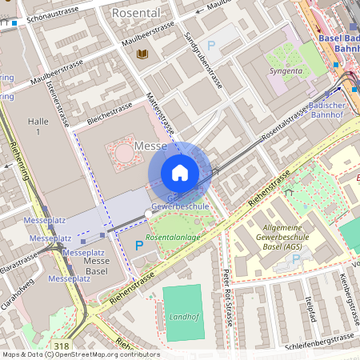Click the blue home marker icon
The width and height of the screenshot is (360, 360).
tap(180, 173)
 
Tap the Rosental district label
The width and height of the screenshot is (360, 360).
tap(136, 14)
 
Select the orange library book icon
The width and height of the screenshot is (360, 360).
tap(143, 54)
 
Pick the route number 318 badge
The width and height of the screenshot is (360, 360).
tap(62, 346)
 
